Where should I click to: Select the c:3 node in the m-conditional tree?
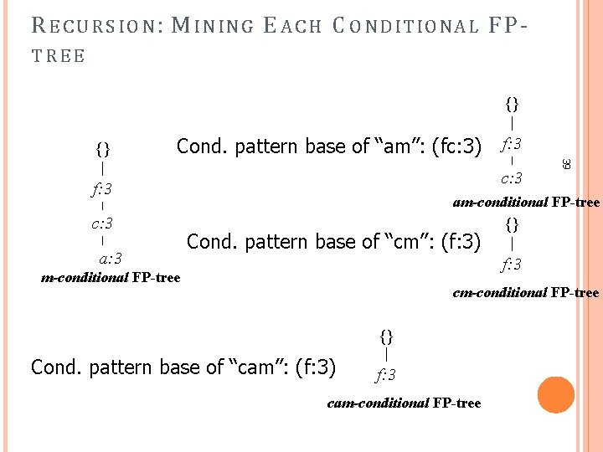point(102,223)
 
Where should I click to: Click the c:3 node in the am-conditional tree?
point(512,177)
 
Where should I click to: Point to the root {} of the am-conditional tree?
point(512,104)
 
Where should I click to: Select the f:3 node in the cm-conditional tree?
point(512,265)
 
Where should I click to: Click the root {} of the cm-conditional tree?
point(512,224)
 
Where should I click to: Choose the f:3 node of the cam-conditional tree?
point(385,374)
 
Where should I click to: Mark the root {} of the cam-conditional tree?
point(385,336)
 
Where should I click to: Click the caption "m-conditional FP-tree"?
point(111,278)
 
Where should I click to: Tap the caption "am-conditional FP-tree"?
point(526,203)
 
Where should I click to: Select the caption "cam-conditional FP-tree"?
point(404,403)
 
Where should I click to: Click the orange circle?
point(556,395)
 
